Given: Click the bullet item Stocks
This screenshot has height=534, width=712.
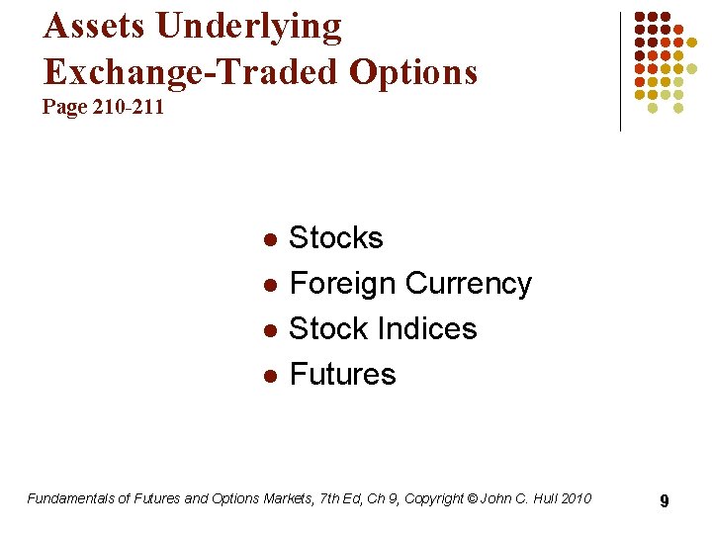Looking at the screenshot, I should point(335,238).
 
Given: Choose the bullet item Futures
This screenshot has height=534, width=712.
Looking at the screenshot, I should point(342,374).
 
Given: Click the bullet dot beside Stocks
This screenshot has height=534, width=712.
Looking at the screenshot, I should point(267,240).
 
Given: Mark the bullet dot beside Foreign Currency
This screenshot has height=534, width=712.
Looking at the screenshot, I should point(267,286).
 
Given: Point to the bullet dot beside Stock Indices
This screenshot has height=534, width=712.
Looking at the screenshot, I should point(267,330).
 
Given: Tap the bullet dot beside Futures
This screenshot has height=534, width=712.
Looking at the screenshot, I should point(267,376).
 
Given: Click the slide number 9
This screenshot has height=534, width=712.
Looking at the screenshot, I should point(665,501).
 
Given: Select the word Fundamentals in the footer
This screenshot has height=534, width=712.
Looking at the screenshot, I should point(70,498).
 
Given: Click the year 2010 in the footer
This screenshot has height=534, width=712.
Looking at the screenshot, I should point(575,498).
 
